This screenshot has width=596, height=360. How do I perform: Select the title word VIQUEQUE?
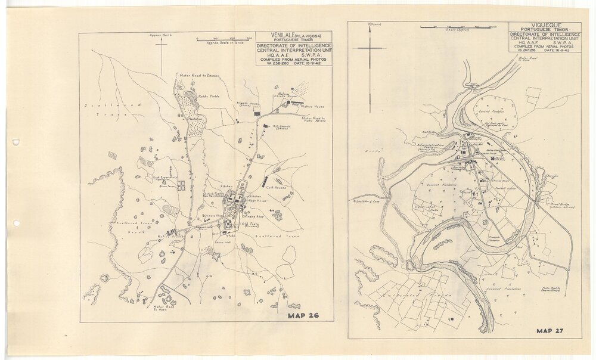545,27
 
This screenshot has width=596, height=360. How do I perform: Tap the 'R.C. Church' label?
281,127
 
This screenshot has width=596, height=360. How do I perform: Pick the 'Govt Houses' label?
277,187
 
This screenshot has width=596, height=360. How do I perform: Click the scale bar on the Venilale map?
223,39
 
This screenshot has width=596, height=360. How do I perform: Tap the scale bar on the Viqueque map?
458,27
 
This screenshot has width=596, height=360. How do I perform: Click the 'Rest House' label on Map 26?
256,201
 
